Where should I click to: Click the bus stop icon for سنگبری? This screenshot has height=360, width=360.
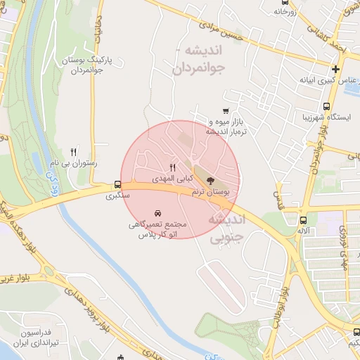click(x=117, y=185)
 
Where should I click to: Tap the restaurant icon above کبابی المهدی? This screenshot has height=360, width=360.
click(x=173, y=167)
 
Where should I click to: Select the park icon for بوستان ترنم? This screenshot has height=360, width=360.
click(x=212, y=180)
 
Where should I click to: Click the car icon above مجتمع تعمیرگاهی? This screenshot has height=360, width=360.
click(x=157, y=212)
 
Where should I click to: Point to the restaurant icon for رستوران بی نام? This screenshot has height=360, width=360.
click(x=74, y=151)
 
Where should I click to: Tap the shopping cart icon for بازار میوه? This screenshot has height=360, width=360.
click(x=225, y=110)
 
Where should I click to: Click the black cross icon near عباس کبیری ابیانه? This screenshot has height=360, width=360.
click(x=336, y=69)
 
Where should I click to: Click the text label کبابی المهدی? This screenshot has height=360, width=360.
click(x=172, y=178)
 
